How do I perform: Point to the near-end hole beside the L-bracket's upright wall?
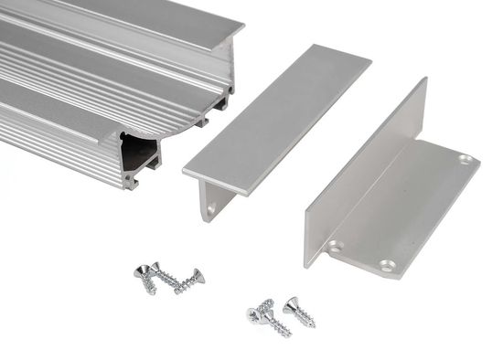click(x=335, y=246)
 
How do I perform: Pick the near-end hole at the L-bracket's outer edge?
click(x=385, y=266)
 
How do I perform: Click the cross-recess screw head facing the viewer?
click(x=253, y=316)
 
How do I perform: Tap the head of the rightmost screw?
click(x=292, y=306)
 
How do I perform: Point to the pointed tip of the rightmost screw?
click(x=314, y=325)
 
